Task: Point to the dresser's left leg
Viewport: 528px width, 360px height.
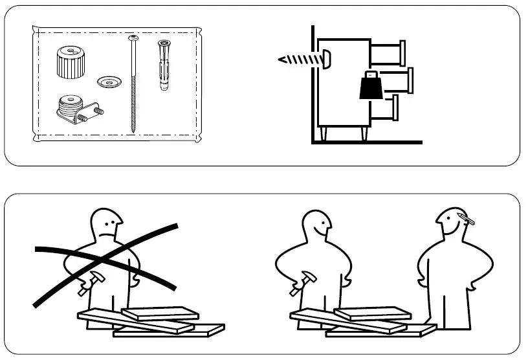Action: pos(326,134)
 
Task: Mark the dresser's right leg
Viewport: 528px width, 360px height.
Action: pos(363,134)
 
